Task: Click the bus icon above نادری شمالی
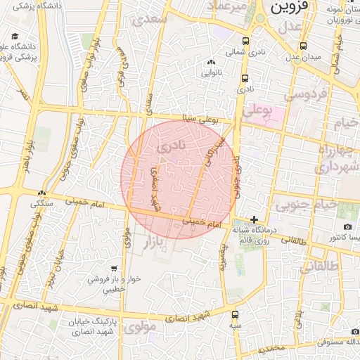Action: coord(245,41)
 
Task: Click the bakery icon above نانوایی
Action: coord(212,63)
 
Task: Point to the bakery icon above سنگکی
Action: coord(41,193)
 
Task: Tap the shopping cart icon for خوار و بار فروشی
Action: coord(115,269)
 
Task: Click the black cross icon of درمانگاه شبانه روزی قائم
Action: coord(254,219)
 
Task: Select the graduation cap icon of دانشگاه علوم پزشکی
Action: coord(15,37)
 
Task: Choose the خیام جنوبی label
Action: coord(295,205)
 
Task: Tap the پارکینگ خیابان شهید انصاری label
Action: coord(95,326)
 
